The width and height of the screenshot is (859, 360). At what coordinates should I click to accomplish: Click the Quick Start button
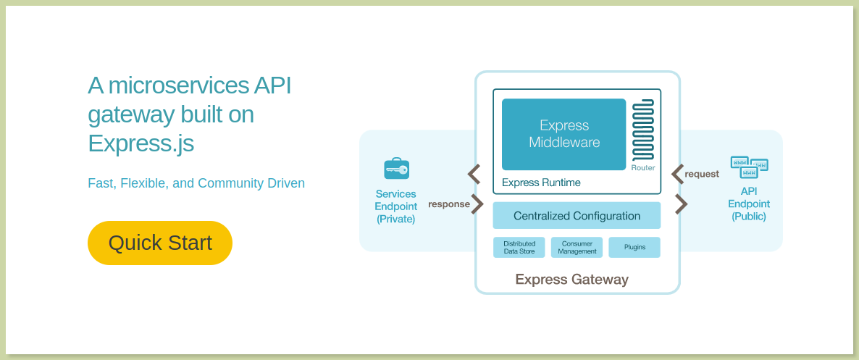point(160,243)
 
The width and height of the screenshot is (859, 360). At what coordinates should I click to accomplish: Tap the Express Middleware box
point(563,134)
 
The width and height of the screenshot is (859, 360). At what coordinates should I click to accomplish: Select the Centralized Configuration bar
point(577,215)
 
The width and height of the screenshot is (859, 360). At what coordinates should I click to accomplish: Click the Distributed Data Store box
point(519,247)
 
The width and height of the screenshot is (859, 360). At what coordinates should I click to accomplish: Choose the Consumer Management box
point(577,247)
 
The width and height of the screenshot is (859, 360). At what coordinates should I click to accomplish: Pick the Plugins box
point(634,247)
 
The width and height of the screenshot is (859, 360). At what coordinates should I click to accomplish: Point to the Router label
point(643,167)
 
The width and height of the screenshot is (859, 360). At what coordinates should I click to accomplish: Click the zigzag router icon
point(643,130)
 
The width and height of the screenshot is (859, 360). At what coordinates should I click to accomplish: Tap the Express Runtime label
point(541,183)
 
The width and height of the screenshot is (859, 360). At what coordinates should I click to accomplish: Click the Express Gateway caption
point(572,280)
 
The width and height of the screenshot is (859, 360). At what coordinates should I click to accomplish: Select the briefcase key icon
point(396,168)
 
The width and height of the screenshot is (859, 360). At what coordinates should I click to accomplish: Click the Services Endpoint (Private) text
point(396,206)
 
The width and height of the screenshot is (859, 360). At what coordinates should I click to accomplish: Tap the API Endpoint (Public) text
point(749,204)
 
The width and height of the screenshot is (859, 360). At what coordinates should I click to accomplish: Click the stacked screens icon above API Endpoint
point(750,167)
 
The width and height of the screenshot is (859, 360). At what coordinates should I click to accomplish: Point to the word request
point(702,175)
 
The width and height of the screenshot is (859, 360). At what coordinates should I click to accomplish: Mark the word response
point(448,204)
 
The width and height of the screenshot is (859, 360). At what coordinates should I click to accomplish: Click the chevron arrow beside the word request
point(677,175)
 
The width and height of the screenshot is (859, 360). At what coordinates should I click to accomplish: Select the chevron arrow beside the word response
point(478,204)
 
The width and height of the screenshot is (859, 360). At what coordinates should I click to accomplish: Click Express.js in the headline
point(141,143)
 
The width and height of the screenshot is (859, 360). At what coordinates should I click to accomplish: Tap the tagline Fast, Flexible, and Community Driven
point(196,183)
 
